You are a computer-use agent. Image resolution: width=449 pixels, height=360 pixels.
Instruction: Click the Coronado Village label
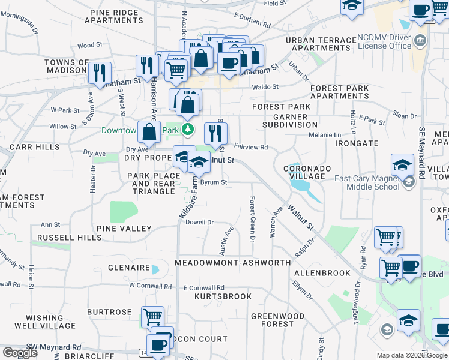307,173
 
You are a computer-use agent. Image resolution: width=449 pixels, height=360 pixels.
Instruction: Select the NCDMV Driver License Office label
384,41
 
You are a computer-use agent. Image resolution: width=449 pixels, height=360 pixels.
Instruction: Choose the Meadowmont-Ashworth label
233,263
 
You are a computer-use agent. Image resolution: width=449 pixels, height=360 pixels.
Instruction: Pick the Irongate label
357,143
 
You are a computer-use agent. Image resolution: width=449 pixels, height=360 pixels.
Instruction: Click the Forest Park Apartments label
340,92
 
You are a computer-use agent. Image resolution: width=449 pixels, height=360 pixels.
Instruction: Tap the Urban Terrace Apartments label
321,44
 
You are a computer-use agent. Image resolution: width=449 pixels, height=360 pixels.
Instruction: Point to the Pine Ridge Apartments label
114,16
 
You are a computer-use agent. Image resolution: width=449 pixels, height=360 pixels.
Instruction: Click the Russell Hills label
69,238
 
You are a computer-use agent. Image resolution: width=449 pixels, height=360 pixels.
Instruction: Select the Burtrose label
109,312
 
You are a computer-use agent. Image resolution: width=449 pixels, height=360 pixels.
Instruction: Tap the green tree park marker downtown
188,129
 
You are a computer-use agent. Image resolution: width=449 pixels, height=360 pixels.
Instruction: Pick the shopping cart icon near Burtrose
152,316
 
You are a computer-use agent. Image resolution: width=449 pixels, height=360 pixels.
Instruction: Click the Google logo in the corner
20,353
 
